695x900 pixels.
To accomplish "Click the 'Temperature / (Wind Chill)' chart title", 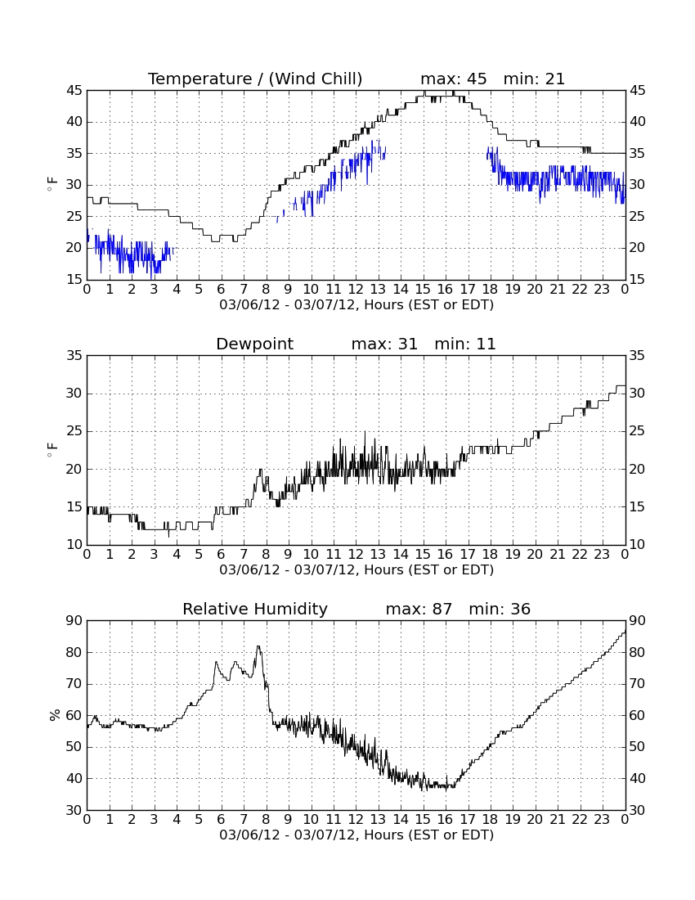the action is (x=255, y=79).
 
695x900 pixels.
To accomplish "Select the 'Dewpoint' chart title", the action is (x=254, y=344).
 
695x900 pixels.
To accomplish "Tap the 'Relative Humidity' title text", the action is (x=254, y=609).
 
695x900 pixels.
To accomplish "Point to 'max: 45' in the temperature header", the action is (x=454, y=79).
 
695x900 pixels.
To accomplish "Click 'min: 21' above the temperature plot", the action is (x=534, y=79).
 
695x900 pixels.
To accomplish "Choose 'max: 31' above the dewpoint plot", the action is (x=384, y=344).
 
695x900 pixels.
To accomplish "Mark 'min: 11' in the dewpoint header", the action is (x=465, y=344).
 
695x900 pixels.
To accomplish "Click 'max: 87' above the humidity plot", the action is (x=419, y=609).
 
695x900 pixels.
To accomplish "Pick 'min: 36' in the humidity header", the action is (x=500, y=609).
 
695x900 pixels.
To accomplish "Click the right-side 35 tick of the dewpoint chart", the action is (x=638, y=356).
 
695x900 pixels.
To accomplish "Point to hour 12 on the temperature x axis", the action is (x=356, y=290).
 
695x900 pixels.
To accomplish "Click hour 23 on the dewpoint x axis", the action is (x=602, y=555).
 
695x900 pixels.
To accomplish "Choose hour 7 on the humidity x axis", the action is (x=244, y=820).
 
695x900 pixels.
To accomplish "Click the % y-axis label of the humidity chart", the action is (x=55, y=715).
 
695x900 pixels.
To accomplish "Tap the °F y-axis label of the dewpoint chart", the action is (x=52, y=449).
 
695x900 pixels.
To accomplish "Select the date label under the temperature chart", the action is (x=356, y=305).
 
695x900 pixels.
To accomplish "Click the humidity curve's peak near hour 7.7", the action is (x=258, y=647).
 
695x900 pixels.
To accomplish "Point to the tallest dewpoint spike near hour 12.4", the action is (x=365, y=432).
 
